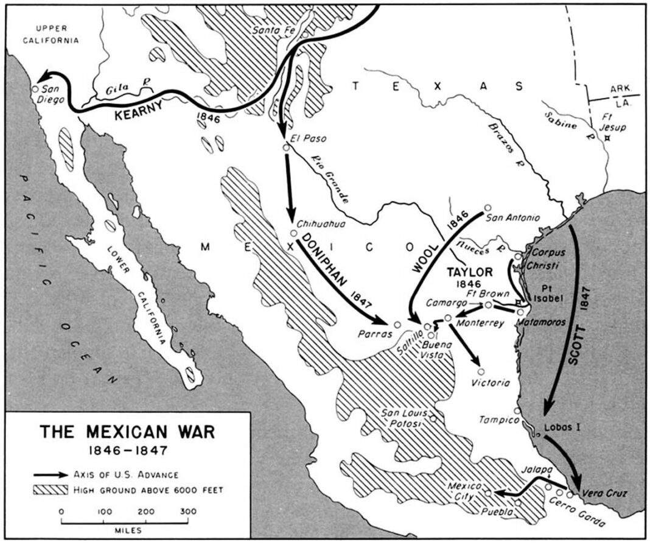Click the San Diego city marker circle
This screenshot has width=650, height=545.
(x=35, y=89)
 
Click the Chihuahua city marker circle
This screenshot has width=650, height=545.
(x=293, y=233)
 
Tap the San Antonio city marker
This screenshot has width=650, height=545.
(x=488, y=208)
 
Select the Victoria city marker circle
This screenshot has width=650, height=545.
(x=481, y=371)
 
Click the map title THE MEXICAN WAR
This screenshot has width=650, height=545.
(x=127, y=432)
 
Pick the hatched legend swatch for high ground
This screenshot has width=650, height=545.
(x=52, y=490)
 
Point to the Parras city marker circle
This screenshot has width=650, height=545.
(x=397, y=325)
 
